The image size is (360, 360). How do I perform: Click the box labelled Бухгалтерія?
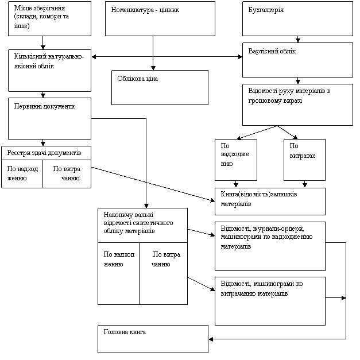click(297, 18)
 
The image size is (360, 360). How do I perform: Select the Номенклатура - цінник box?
click(160, 18)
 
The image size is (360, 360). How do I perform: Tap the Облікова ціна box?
click(160, 87)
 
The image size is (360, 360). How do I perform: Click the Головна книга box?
click(153, 339)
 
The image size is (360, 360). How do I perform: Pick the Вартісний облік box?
click(297, 60)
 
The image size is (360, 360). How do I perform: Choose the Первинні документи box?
click(49, 118)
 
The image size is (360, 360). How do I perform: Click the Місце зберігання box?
click(49, 18)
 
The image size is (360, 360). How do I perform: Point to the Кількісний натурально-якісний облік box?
click(49, 71)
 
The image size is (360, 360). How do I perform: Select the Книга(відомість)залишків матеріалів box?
click(270, 202)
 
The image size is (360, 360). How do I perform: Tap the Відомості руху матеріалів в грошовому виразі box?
click(297, 104)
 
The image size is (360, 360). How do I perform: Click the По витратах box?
click(304, 160)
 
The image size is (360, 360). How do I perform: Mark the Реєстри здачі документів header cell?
click(46, 153)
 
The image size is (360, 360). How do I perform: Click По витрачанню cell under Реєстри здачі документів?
click(67, 174)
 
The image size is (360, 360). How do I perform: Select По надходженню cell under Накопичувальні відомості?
click(118, 273)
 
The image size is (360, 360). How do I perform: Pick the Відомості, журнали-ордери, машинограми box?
click(270, 246)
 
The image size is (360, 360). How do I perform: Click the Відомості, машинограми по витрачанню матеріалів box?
click(270, 301)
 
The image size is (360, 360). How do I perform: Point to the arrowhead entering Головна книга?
click(211, 339)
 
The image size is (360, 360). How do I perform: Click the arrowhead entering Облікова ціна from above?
click(153, 68)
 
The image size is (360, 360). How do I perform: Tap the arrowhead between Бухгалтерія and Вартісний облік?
click(298, 40)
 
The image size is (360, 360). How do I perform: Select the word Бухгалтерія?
click(266, 10)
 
